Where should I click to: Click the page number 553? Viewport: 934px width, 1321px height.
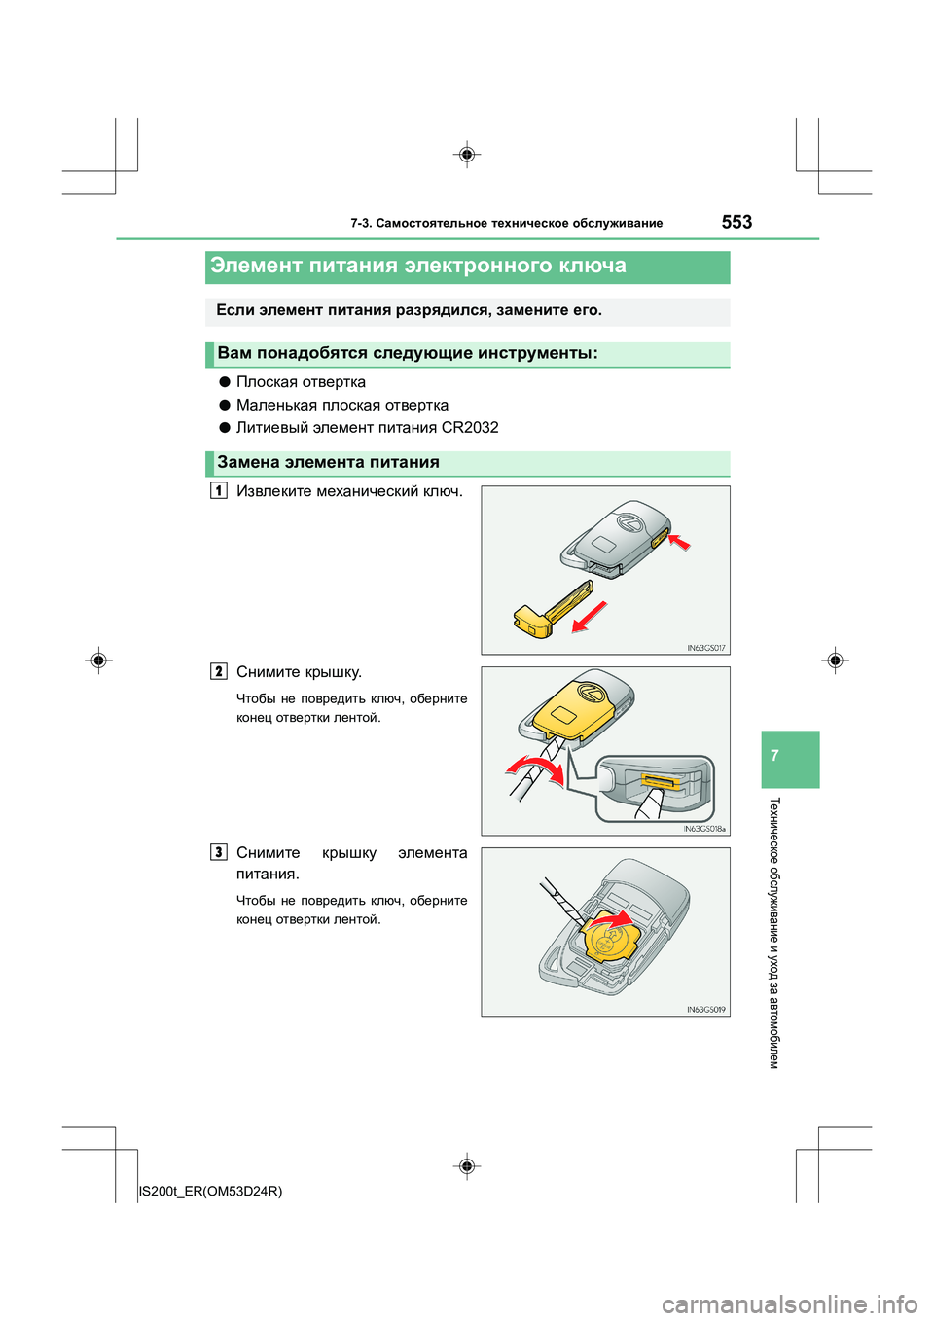pos(736,222)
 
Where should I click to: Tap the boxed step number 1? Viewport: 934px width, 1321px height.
pos(220,490)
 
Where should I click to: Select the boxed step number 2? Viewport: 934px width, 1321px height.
pos(220,671)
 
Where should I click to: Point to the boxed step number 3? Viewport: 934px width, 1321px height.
pos(220,852)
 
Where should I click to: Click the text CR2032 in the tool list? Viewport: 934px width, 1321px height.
pos(470,427)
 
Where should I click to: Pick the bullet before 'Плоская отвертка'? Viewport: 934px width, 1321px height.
pos(225,382)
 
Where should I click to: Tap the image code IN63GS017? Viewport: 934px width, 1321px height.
pos(706,648)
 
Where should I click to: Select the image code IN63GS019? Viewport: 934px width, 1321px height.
pos(706,1010)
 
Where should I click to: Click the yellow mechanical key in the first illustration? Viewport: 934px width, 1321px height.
pos(555,611)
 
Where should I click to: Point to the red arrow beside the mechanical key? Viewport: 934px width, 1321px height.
pos(590,617)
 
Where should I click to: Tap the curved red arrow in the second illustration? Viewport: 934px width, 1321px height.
pos(536,768)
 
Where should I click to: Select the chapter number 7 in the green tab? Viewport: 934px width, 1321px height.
pos(774,756)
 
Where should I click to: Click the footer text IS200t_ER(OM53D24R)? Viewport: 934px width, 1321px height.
pos(211,1191)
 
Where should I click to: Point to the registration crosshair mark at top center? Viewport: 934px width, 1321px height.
pos(467,155)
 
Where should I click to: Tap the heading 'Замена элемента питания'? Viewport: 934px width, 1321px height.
pos(329,463)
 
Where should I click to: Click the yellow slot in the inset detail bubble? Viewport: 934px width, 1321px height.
pos(658,781)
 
